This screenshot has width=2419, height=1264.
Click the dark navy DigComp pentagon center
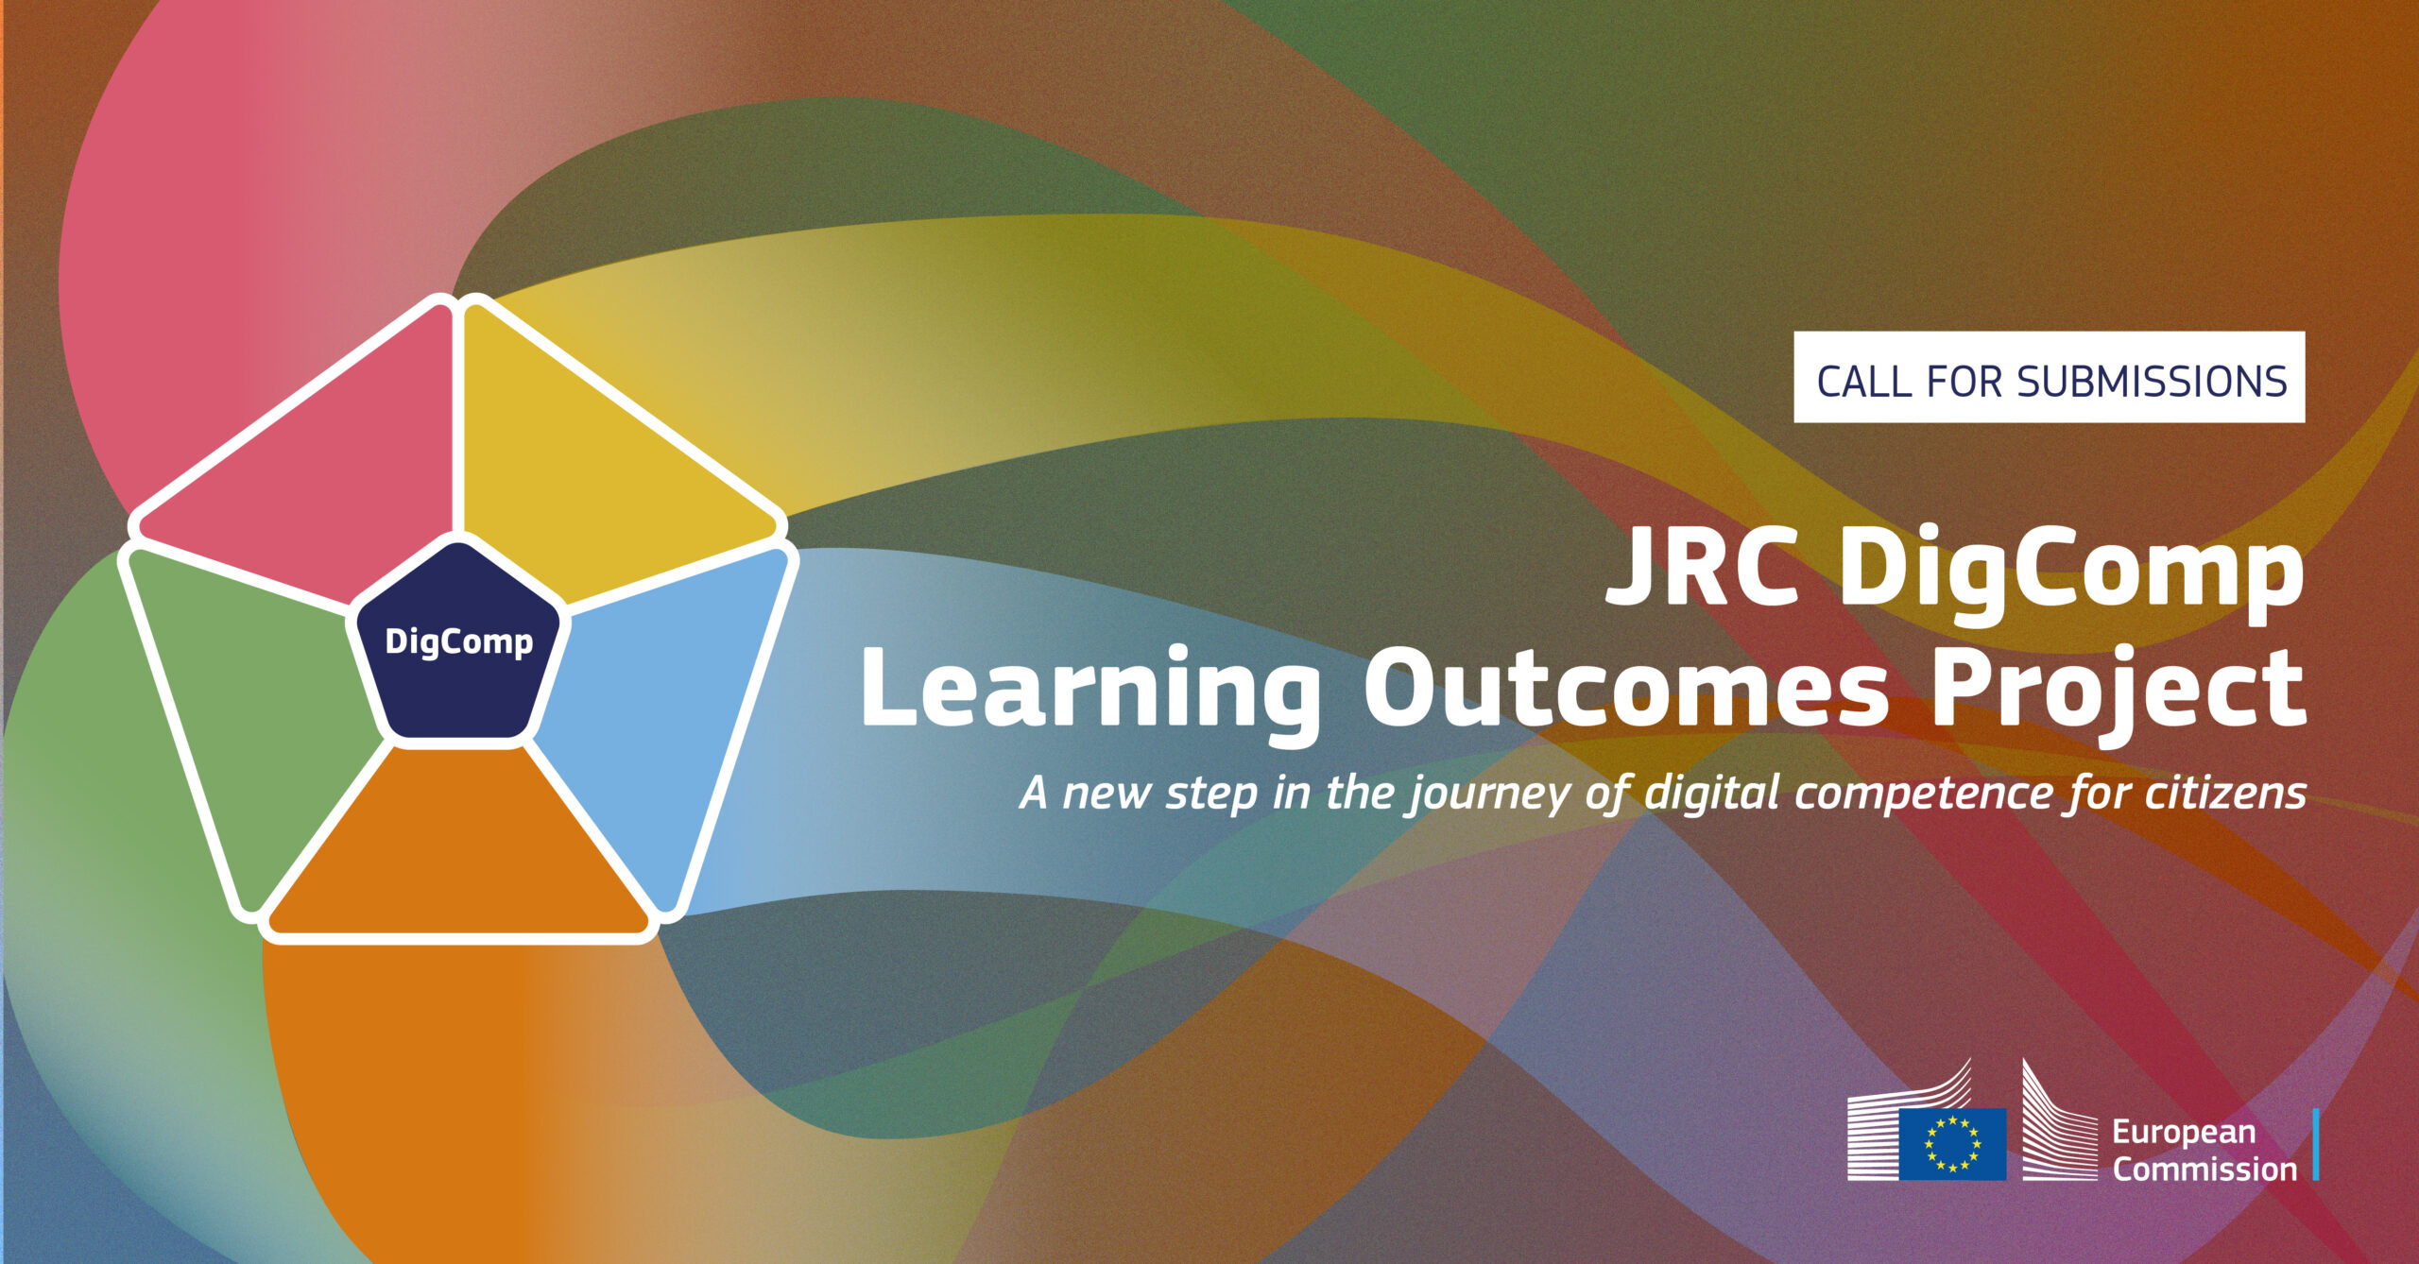click(x=458, y=643)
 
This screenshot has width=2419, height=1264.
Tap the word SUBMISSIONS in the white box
click(x=2152, y=382)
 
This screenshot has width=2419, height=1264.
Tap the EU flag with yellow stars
click(x=1952, y=1143)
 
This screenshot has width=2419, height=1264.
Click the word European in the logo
click(x=2184, y=1133)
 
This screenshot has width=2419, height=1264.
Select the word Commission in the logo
click(x=2205, y=1170)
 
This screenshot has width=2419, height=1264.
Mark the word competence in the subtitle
click(x=1924, y=794)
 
